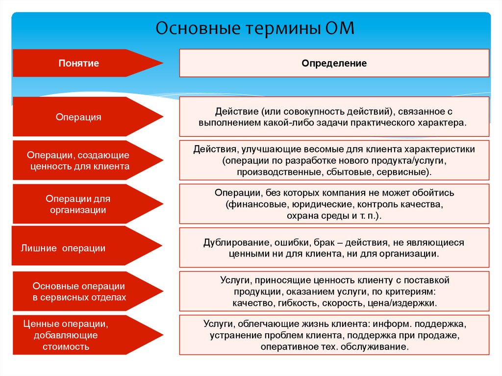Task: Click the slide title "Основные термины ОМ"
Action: coord(254,28)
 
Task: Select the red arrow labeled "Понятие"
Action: coord(79,63)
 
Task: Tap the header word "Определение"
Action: coord(334,63)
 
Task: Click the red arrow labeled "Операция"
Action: coord(78,117)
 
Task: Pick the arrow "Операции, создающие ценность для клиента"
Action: coord(78,160)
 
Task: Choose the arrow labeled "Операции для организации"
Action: coord(78,204)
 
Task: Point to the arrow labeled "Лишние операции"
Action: coord(63,248)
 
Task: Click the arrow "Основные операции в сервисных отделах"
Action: coord(79,291)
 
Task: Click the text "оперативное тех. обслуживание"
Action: coord(334,347)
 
